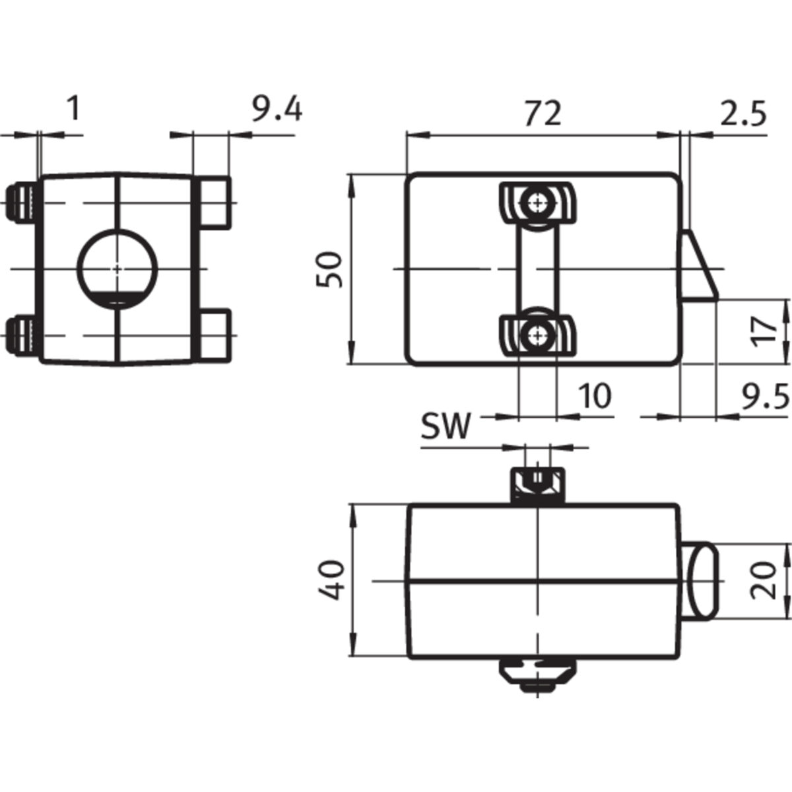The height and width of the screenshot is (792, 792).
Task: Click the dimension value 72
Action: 543,114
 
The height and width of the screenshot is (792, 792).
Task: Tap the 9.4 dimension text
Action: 277,110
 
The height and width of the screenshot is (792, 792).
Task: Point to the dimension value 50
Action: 329,270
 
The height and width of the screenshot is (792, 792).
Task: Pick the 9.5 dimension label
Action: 766,397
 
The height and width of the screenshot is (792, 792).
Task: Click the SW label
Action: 445,426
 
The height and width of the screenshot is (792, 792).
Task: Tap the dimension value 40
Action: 330,580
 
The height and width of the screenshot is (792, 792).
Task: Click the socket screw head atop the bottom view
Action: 537,484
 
